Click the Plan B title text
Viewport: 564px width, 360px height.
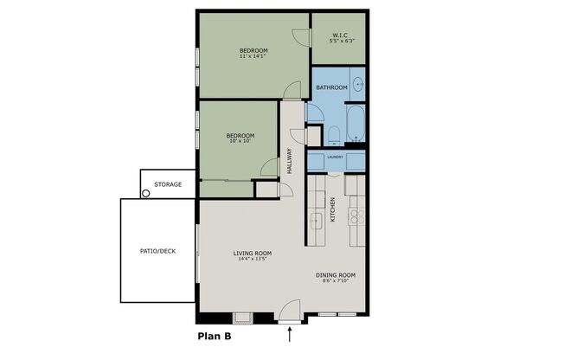tap(215, 337)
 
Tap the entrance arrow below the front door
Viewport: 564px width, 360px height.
tap(290, 334)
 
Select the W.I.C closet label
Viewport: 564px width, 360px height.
tap(340, 35)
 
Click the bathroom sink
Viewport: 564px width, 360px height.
tap(358, 85)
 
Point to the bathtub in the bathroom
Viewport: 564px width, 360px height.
tap(356, 123)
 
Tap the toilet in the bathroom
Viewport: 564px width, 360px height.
tap(334, 136)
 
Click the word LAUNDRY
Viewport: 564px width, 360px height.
tap(336, 157)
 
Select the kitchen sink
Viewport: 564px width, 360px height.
tap(317, 221)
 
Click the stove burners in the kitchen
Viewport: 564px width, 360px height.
tap(356, 216)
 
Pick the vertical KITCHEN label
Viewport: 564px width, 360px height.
tap(333, 209)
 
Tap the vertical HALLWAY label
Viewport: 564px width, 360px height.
tap(290, 161)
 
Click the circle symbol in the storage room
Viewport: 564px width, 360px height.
tap(145, 193)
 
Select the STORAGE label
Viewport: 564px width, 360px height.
tap(168, 184)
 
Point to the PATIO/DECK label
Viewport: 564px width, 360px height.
tap(158, 251)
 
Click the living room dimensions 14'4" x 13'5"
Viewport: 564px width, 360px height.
tap(252, 259)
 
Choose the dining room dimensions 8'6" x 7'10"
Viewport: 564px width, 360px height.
tap(336, 280)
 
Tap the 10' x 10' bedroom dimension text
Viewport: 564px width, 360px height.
tap(240, 141)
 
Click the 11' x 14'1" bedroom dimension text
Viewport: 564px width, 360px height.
tap(253, 56)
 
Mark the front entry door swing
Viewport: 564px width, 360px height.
tap(290, 310)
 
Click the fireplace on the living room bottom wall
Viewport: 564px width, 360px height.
tap(242, 318)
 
